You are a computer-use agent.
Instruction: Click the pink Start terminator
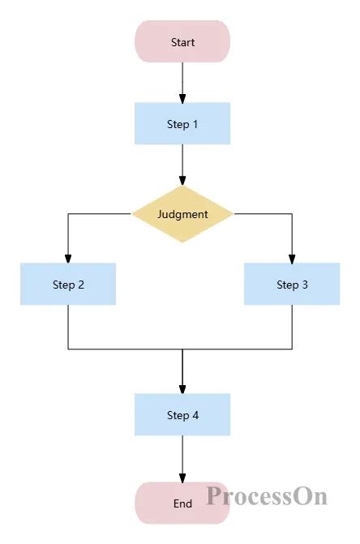pyautogui.click(x=182, y=42)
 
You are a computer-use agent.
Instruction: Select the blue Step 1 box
pyautogui.click(x=182, y=124)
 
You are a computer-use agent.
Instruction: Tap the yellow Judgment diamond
pyautogui.click(x=182, y=214)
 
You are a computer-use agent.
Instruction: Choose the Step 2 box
pyautogui.click(x=68, y=285)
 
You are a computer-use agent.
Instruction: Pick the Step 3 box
pyautogui.click(x=292, y=285)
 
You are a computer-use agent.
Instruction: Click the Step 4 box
pyautogui.click(x=182, y=415)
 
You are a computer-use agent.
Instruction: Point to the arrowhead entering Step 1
pyautogui.click(x=182, y=98)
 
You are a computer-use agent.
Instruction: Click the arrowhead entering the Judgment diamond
pyautogui.click(x=182, y=181)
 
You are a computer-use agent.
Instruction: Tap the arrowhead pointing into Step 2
pyautogui.click(x=68, y=259)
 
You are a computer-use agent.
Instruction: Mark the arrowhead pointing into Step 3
pyautogui.click(x=292, y=259)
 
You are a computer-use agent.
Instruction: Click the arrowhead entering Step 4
pyautogui.click(x=182, y=389)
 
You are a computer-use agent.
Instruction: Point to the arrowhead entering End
pyautogui.click(x=182, y=478)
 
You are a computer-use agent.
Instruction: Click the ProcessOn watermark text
pyautogui.click(x=266, y=495)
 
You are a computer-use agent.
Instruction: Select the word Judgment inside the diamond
pyautogui.click(x=182, y=215)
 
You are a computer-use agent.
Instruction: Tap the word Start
pyautogui.click(x=182, y=42)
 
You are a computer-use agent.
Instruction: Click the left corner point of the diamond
pyautogui.click(x=133, y=214)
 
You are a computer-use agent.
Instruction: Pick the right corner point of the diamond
pyautogui.click(x=233, y=214)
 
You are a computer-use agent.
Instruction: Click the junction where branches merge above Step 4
pyautogui.click(x=182, y=349)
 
